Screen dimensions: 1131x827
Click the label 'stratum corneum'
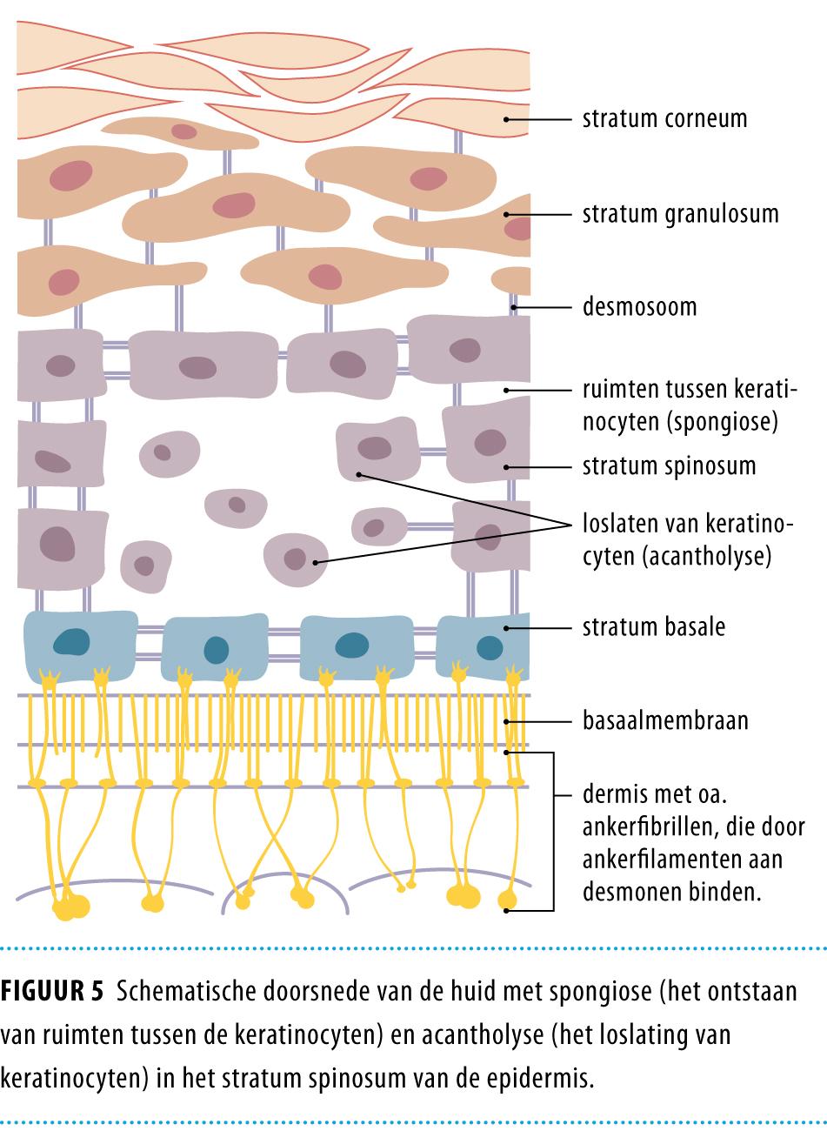point(664,118)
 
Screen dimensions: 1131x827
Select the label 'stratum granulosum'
point(680,214)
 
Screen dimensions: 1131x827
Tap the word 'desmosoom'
point(639,307)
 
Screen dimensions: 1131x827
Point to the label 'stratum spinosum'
point(669,466)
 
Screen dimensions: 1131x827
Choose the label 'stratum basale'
point(653,627)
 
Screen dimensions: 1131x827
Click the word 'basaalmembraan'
point(665,721)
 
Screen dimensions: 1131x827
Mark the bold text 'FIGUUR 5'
point(54,992)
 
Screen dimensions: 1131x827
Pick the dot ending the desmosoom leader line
point(514,307)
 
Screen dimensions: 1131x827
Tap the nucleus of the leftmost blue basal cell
point(71,642)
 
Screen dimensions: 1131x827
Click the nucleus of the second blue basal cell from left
point(215,650)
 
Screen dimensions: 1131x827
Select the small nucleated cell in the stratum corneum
point(183,131)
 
